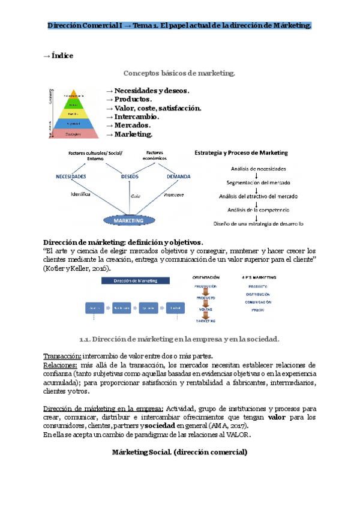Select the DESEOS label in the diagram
point(130,176)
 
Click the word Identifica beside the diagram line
point(80,194)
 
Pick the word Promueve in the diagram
point(173,195)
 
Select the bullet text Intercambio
point(133,116)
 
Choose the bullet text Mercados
point(130,125)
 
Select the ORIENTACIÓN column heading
point(206,278)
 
